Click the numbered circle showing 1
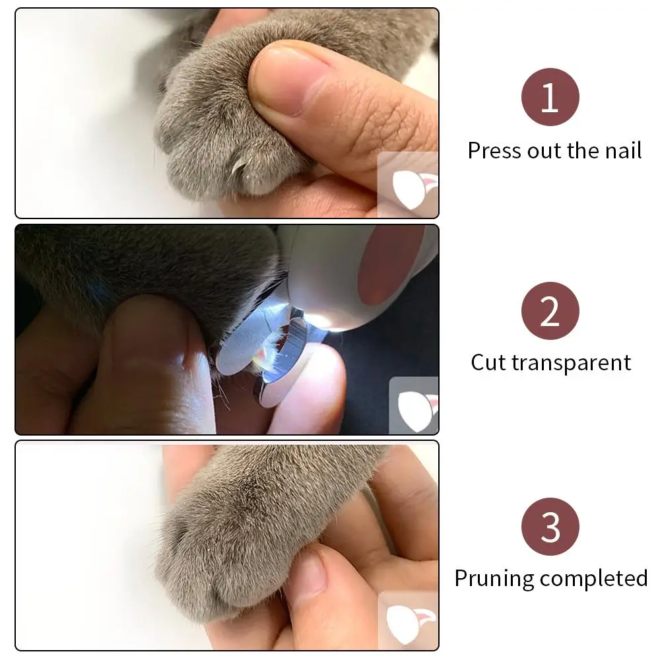click(550, 97)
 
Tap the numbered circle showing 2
click(550, 311)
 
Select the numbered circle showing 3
click(550, 527)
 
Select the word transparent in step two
click(571, 363)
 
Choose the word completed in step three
click(593, 579)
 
